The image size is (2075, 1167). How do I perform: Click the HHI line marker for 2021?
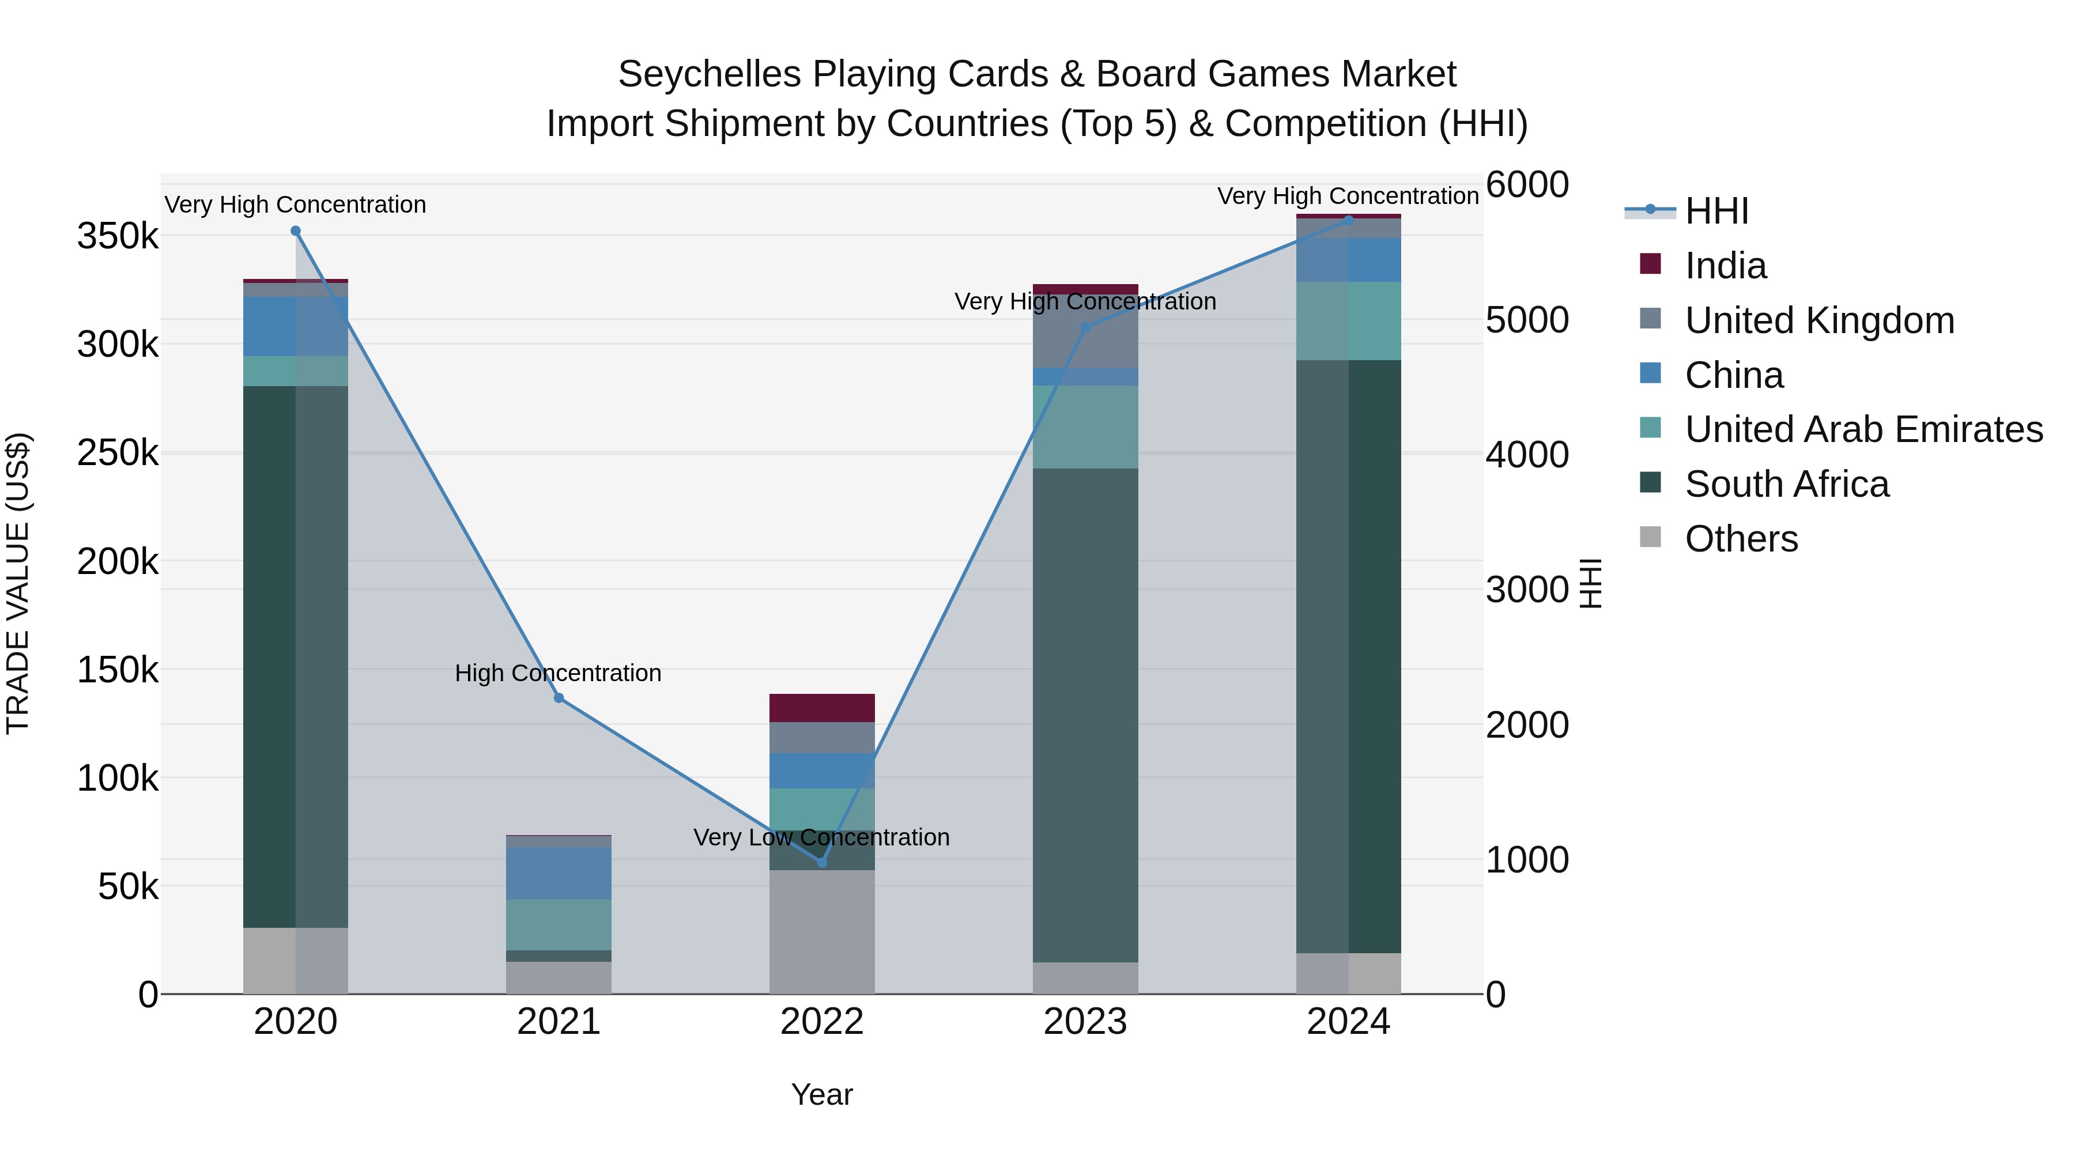(x=559, y=698)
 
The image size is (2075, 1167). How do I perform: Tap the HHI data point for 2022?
(x=821, y=863)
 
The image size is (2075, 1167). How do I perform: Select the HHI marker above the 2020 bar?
(x=296, y=231)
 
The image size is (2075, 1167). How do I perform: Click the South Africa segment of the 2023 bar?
(x=1085, y=715)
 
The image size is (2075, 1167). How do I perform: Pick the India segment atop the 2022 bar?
(x=821, y=708)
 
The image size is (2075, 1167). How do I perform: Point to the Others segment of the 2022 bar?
(x=821, y=932)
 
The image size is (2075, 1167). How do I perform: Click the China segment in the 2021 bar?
(x=559, y=873)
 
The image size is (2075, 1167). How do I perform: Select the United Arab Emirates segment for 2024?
(x=1348, y=320)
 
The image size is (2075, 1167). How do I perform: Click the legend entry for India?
(x=1725, y=266)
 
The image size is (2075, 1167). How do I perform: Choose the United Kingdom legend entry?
(x=1819, y=320)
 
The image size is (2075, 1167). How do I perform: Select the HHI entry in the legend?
(x=1716, y=211)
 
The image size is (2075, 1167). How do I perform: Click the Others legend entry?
(x=1741, y=539)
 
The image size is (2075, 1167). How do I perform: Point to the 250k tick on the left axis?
(x=118, y=454)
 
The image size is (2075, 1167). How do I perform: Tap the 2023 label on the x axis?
(x=1085, y=1022)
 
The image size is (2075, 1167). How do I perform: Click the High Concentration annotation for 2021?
(x=558, y=673)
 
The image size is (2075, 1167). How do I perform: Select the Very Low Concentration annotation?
(x=821, y=837)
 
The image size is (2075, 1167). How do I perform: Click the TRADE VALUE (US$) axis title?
(x=18, y=583)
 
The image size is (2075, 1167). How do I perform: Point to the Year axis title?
(x=821, y=1094)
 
